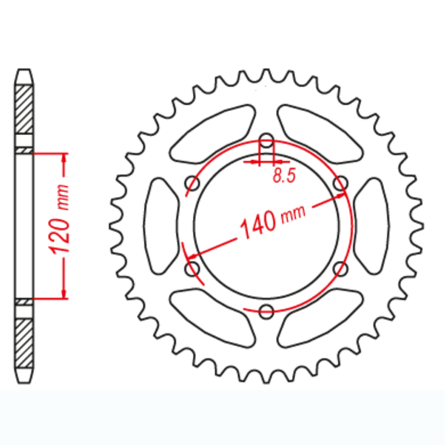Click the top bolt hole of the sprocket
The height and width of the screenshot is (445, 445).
click(266, 141)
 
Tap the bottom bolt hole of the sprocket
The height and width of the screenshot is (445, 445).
click(266, 311)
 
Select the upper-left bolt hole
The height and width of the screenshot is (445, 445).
click(192, 183)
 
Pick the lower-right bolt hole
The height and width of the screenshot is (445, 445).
click(340, 268)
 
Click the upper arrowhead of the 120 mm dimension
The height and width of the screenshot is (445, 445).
click(65, 158)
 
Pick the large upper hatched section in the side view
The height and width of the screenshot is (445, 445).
click(24, 109)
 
